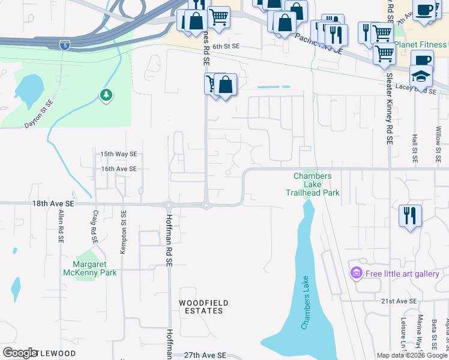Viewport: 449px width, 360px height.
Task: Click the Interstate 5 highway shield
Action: click(x=64, y=44)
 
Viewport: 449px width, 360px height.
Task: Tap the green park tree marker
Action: click(x=106, y=95)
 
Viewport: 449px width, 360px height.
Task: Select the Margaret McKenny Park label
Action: click(x=90, y=268)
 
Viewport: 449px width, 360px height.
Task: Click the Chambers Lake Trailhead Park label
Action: click(x=312, y=184)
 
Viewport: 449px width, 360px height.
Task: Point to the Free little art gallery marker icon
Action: click(x=356, y=274)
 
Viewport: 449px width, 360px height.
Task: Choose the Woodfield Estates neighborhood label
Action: click(x=200, y=306)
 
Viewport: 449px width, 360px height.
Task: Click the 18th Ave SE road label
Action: click(x=53, y=204)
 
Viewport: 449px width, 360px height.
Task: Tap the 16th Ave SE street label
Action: click(x=119, y=169)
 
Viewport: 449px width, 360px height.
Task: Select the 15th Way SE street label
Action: click(x=119, y=154)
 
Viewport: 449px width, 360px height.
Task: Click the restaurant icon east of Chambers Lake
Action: click(x=410, y=215)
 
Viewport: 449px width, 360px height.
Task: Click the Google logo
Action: click(x=20, y=353)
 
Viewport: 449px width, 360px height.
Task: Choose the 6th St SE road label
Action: click(x=226, y=46)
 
